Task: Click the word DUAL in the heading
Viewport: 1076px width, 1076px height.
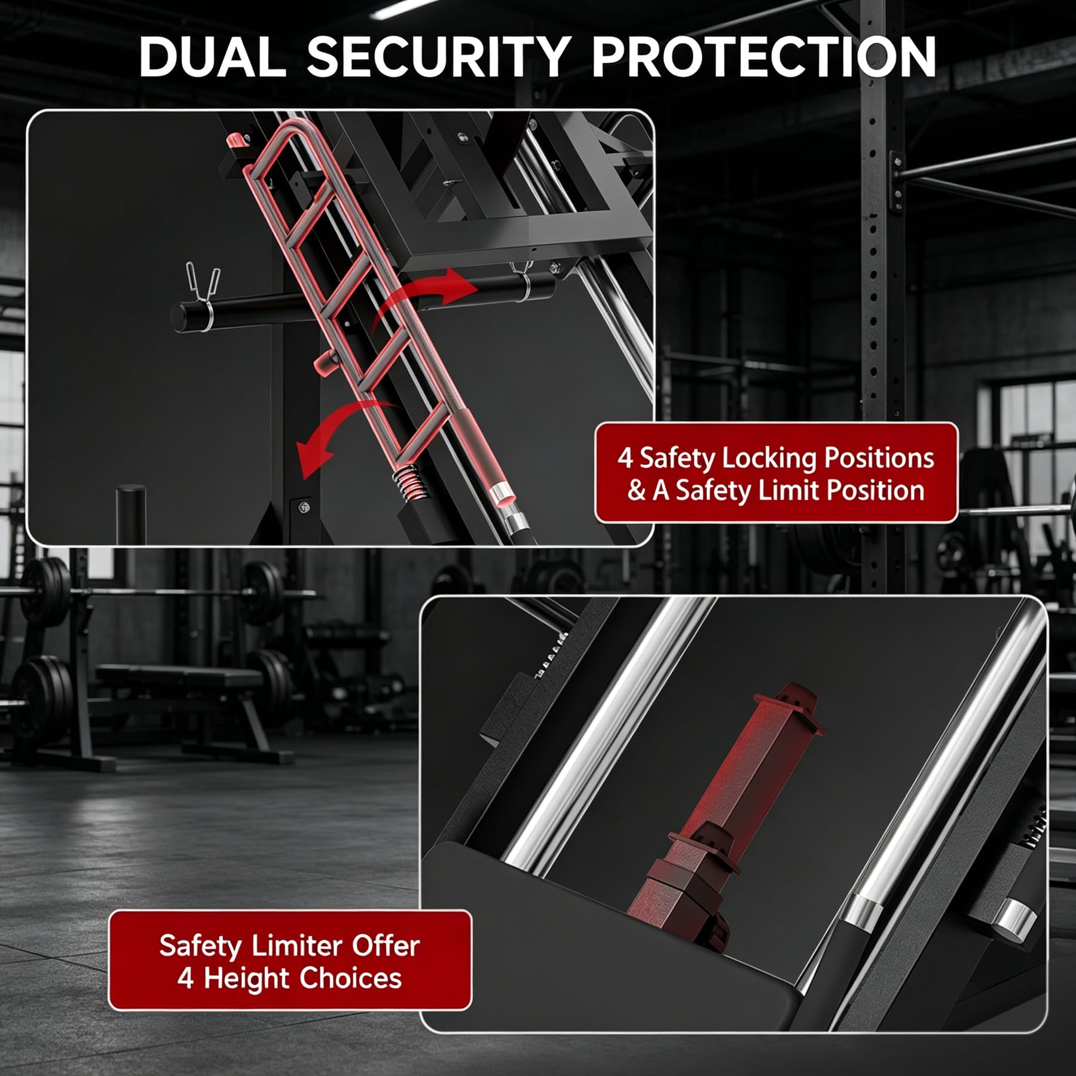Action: [213, 57]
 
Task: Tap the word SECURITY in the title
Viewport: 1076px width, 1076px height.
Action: [438, 57]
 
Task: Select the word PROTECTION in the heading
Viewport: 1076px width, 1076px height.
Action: [764, 57]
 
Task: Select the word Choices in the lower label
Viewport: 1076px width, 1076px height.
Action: [350, 978]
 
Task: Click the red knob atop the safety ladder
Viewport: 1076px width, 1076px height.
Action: [236, 142]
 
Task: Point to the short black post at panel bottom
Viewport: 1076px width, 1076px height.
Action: [130, 514]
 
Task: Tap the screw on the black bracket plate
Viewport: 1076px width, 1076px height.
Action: [304, 508]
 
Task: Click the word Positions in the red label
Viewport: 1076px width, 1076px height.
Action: [879, 459]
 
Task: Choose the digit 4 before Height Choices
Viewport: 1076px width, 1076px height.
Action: [186, 979]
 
